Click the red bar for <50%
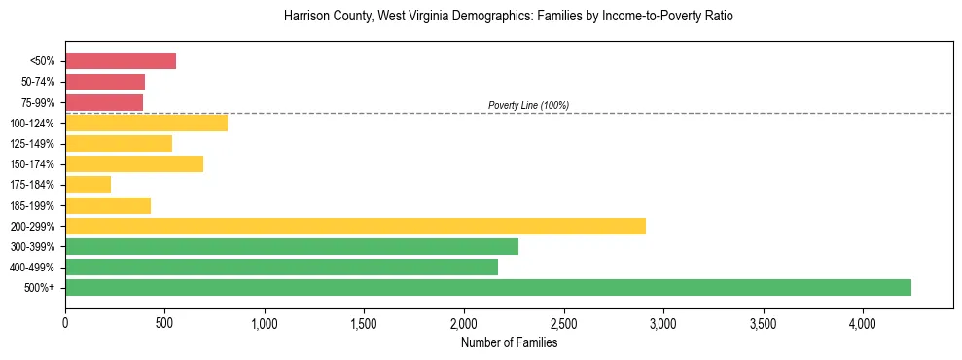pyautogui.click(x=121, y=61)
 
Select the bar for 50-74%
pyautogui.click(x=105, y=82)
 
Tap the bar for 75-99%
pyautogui.click(x=104, y=102)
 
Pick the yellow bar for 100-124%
pyautogui.click(x=146, y=123)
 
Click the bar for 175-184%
pyautogui.click(x=88, y=184)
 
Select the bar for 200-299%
pyautogui.click(x=355, y=226)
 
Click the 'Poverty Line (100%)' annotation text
pyautogui.click(x=528, y=105)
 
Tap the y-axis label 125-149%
pyautogui.click(x=33, y=144)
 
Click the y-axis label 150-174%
pyautogui.click(x=33, y=164)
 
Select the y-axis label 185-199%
pyautogui.click(x=33, y=205)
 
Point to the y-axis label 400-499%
pyautogui.click(x=33, y=267)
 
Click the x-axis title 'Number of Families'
pyautogui.click(x=509, y=342)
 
